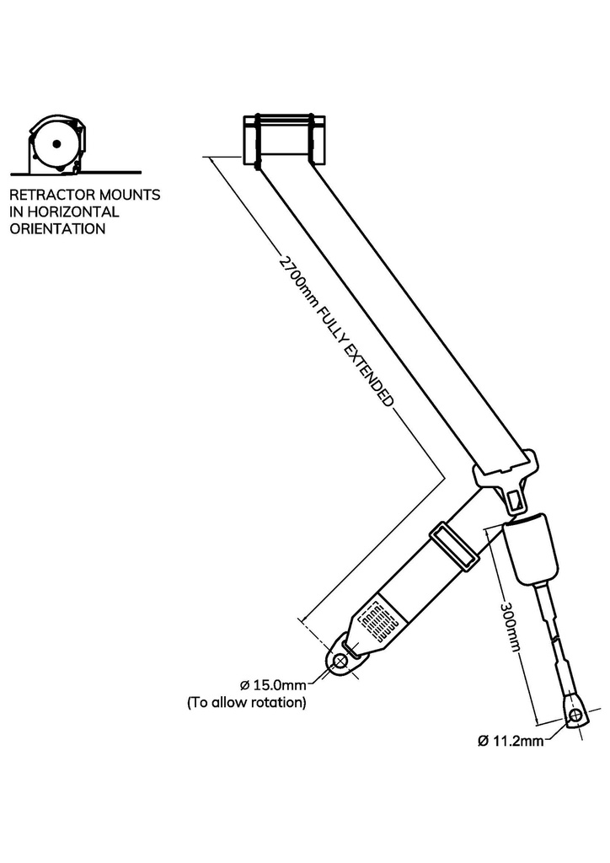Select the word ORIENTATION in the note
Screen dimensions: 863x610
(x=57, y=228)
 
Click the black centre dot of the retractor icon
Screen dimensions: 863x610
(x=55, y=145)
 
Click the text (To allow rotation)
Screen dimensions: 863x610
(x=246, y=701)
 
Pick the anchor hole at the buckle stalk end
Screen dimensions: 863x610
(x=576, y=717)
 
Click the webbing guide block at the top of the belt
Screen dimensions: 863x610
(x=283, y=140)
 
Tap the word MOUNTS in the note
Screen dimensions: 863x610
(x=130, y=195)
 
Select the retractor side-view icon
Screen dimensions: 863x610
(x=55, y=143)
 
